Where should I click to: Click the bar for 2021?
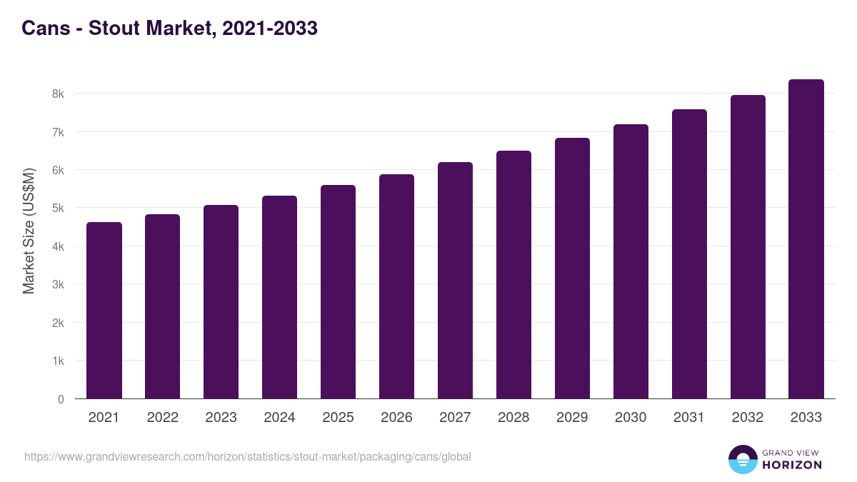point(104,311)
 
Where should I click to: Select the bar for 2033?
point(806,239)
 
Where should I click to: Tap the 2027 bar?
point(455,281)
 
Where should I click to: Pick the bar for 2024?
point(279,297)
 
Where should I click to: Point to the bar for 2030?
point(631,261)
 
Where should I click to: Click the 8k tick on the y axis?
point(58,94)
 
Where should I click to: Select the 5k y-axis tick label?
point(58,209)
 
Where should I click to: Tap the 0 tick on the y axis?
point(61,399)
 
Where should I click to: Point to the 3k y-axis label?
point(58,285)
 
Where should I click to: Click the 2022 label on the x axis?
point(162,418)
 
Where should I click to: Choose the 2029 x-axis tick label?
point(572,418)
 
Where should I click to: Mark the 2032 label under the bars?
point(748,418)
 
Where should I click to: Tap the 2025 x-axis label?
point(338,418)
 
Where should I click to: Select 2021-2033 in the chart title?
point(270,29)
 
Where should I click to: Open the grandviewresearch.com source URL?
point(248,456)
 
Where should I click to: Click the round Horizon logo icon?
point(743,459)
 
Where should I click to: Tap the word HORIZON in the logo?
point(792,465)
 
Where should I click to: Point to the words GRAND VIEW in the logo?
point(792,452)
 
